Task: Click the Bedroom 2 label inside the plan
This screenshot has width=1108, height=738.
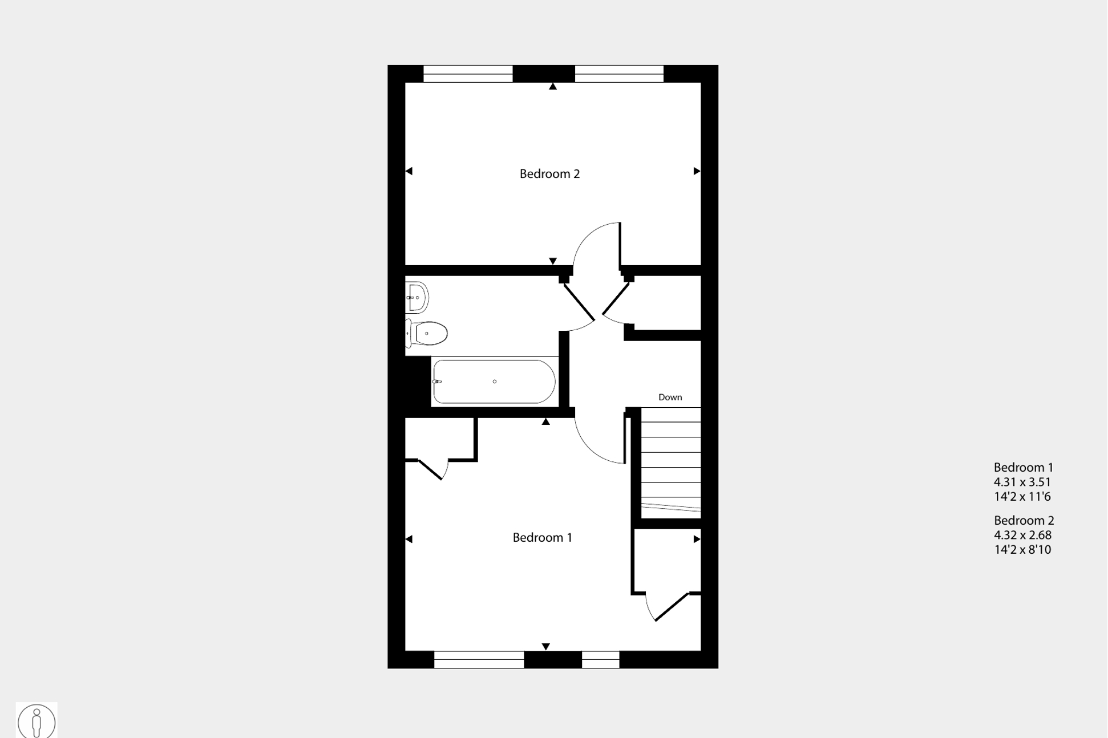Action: [x=549, y=174]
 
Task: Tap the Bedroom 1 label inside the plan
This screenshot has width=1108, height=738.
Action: [x=542, y=537]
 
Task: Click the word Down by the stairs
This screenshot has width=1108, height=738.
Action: [x=670, y=397]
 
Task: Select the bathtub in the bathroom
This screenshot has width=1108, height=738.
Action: [x=494, y=382]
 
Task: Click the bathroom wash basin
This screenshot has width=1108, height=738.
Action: [x=416, y=297]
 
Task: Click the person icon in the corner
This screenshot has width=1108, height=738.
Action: [x=37, y=721]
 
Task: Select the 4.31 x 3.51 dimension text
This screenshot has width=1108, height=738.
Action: [x=1022, y=482]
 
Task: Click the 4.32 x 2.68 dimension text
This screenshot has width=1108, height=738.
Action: [x=1022, y=535]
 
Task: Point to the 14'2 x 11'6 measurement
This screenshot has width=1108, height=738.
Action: [x=1022, y=496]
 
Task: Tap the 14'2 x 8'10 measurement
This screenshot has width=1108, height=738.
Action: [x=1022, y=549]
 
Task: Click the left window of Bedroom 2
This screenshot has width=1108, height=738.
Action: [x=468, y=74]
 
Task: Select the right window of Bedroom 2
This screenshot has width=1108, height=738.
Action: [x=619, y=74]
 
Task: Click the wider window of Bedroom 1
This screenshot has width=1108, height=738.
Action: [x=479, y=659]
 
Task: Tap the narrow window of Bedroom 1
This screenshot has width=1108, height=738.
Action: [x=600, y=659]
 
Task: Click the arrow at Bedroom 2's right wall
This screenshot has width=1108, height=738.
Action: [x=697, y=171]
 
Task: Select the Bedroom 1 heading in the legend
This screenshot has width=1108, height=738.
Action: [x=1023, y=467]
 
